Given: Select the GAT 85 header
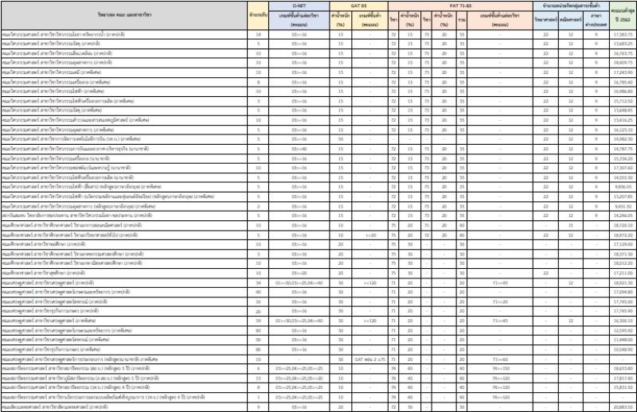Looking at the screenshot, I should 359,5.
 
